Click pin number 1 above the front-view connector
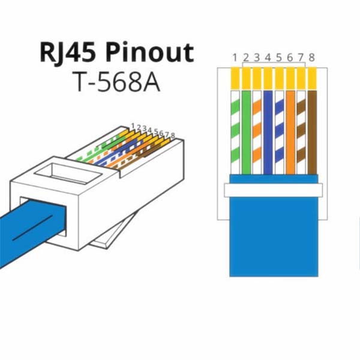pos(235,58)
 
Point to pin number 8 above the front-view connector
pos(311,58)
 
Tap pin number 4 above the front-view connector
pos(268,58)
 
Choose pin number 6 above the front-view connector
pos(290,58)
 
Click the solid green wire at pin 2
pos(246,132)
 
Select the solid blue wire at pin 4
pos(268,132)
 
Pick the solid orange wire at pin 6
pos(290,132)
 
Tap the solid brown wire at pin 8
pos(311,132)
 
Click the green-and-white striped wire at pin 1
pos(235,132)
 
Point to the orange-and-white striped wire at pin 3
pos(257,132)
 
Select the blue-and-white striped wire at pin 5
pos(279,132)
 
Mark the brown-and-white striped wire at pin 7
pos(301,132)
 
